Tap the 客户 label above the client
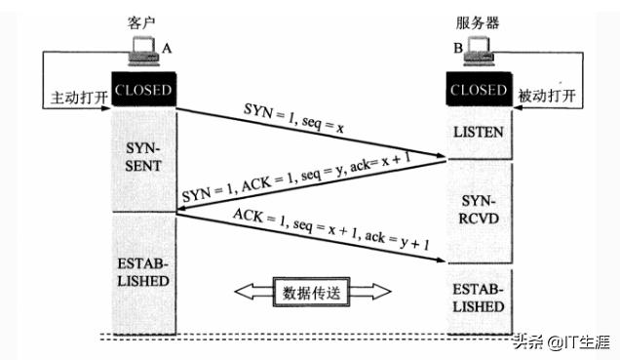(141, 20)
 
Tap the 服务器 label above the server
(478, 20)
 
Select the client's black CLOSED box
(142, 91)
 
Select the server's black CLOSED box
(478, 91)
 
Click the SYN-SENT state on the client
(142, 156)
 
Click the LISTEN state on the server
(478, 130)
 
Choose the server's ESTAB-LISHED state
(478, 298)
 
